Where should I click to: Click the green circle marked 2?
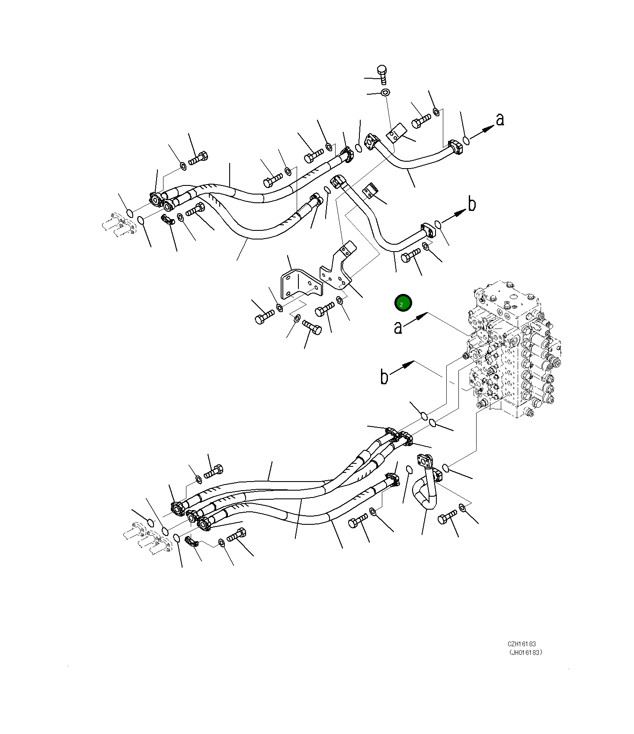coord(403,304)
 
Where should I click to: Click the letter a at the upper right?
coord(500,119)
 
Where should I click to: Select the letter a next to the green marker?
coord(398,327)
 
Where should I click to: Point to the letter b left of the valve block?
coord(384,377)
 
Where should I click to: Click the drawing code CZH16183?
coord(522,644)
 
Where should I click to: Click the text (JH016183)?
coord(525,653)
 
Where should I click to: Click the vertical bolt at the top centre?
coord(381,74)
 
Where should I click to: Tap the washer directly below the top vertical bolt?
coord(384,92)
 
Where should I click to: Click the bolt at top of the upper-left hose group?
coord(199,158)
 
